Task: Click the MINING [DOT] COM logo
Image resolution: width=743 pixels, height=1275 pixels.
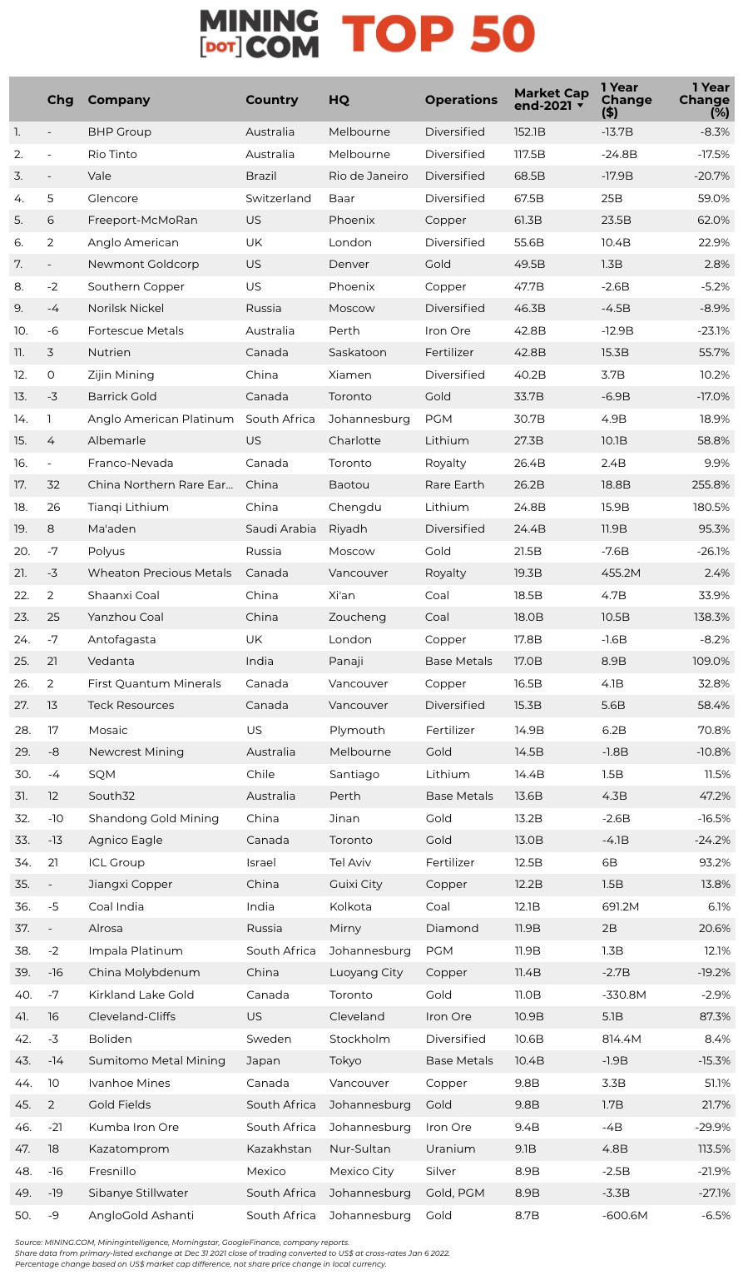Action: [x=259, y=34]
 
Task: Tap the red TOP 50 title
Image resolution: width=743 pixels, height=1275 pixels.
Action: [x=438, y=34]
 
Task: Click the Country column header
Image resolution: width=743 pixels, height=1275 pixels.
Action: [x=271, y=100]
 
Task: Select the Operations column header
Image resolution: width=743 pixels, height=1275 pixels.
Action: [x=461, y=100]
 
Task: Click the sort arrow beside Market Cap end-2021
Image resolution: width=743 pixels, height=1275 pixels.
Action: [x=580, y=107]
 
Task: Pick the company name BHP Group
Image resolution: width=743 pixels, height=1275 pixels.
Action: [x=120, y=132]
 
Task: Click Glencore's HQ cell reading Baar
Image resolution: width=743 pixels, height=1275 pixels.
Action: [x=342, y=198]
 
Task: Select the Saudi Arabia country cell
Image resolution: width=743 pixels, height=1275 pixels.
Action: [x=280, y=529]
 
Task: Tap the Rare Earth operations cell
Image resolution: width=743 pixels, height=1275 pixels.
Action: [x=455, y=485]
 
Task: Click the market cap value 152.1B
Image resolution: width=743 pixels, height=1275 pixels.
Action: [x=530, y=132]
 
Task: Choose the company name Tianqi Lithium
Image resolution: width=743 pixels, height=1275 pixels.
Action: [x=128, y=507]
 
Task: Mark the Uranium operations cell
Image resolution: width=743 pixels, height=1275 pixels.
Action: [x=451, y=1149]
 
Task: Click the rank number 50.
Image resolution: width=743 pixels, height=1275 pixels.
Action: [x=22, y=1216]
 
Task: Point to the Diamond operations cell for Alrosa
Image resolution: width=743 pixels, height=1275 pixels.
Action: [x=453, y=929]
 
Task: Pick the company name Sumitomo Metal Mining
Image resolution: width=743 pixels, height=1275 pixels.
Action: [x=157, y=1061]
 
